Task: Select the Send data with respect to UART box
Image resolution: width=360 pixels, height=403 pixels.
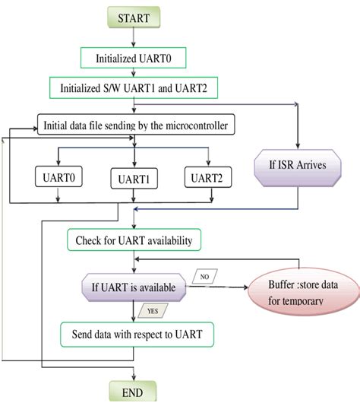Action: click(136, 334)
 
